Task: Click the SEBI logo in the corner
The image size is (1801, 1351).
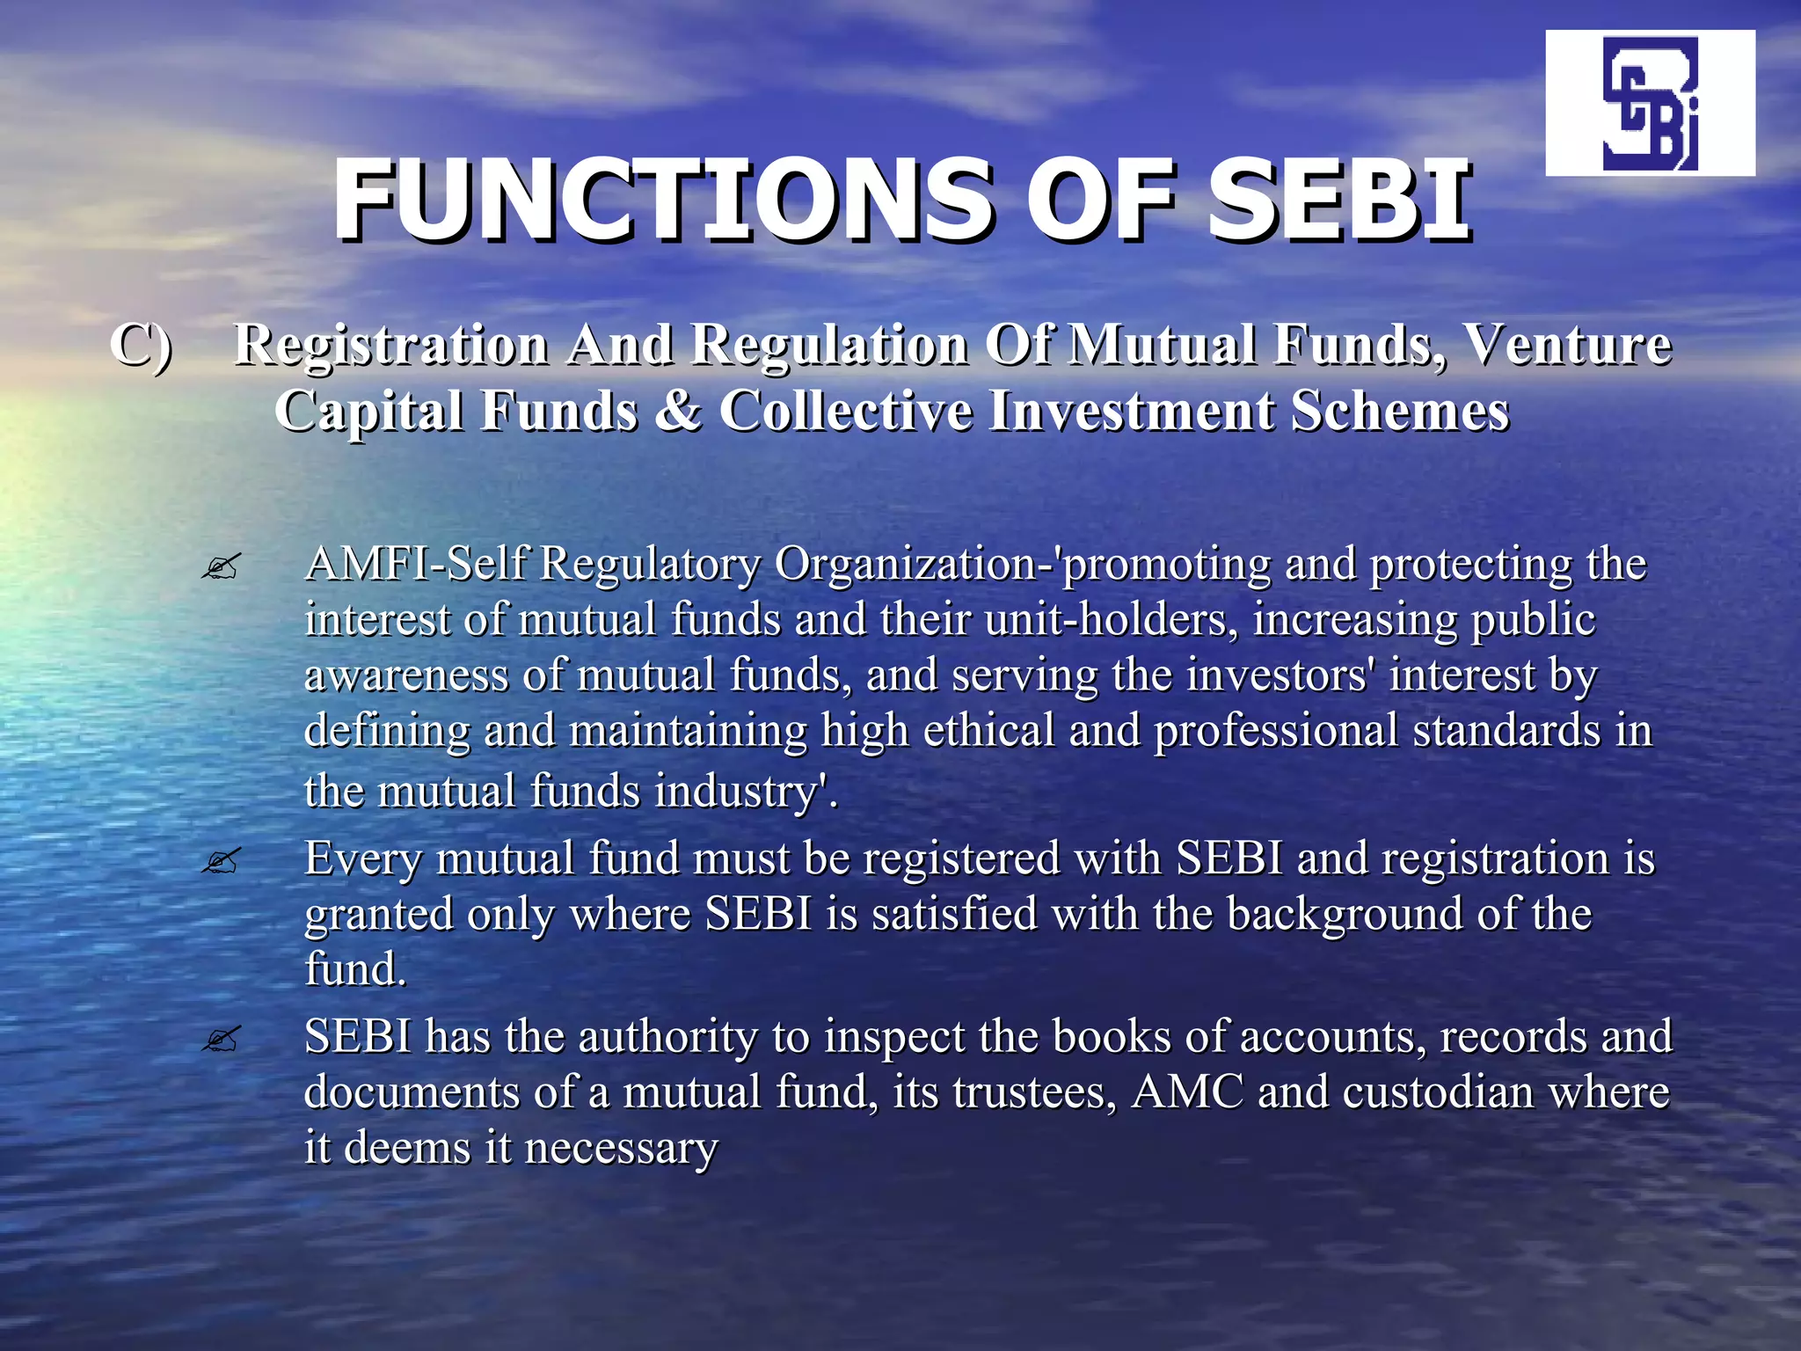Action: [x=1650, y=103]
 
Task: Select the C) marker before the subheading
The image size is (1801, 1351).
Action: [x=141, y=345]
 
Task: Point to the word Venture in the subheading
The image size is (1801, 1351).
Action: [x=1565, y=345]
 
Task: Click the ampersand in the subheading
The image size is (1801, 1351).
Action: [x=678, y=411]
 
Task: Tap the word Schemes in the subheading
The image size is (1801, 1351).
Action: [x=1400, y=411]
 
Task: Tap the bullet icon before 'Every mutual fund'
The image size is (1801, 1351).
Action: [x=220, y=861]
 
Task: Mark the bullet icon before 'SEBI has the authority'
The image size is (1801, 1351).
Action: [x=220, y=1040]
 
